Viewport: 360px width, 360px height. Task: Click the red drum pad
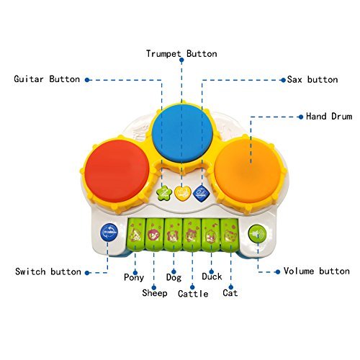pyautogui.click(x=117, y=171)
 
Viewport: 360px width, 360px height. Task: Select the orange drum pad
pyautogui.click(x=248, y=171)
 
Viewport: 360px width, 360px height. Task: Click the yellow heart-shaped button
pyautogui.click(x=183, y=193)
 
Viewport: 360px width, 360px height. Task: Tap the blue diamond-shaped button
pyautogui.click(x=201, y=193)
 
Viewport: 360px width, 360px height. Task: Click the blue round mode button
pyautogui.click(x=109, y=233)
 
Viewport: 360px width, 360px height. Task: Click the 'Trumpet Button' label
pyautogui.click(x=181, y=54)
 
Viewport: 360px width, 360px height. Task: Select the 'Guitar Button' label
pyautogui.click(x=47, y=79)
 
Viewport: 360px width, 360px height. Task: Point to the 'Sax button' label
pyautogui.click(x=312, y=79)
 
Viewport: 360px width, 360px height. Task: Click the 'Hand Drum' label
pyautogui.click(x=329, y=117)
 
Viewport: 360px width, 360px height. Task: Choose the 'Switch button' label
pyautogui.click(x=48, y=271)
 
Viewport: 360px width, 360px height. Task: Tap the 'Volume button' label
pyautogui.click(x=317, y=271)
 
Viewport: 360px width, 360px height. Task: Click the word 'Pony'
pyautogui.click(x=134, y=277)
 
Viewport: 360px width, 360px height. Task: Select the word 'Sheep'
pyautogui.click(x=155, y=293)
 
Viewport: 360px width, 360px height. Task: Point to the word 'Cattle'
pyautogui.click(x=193, y=294)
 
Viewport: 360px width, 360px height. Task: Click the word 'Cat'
pyautogui.click(x=230, y=293)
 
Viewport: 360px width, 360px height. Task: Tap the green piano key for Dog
pyautogui.click(x=174, y=234)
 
